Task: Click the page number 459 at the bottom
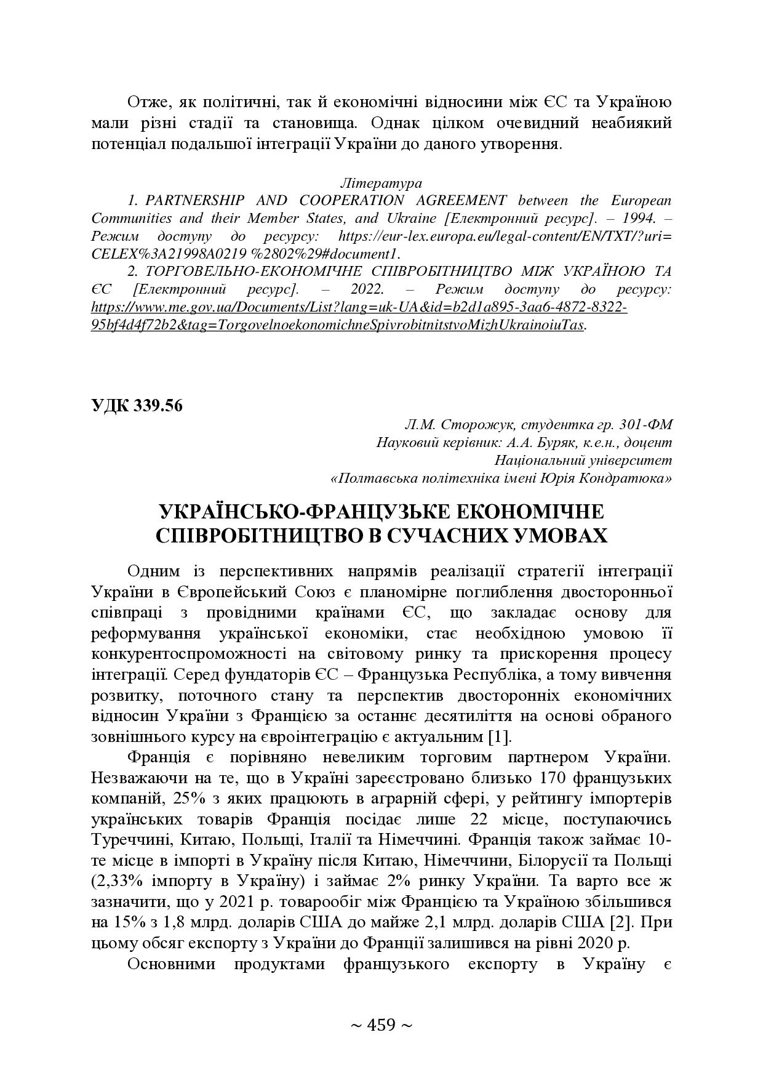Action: click(381, 1025)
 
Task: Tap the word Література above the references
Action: click(381, 183)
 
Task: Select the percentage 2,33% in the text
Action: click(121, 882)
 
